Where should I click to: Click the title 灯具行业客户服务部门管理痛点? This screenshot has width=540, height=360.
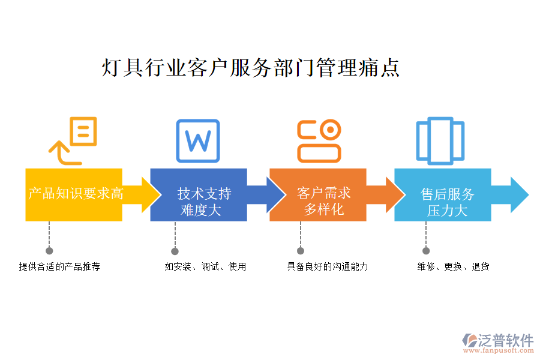coord(251,68)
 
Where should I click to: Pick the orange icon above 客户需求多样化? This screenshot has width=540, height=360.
coord(319,140)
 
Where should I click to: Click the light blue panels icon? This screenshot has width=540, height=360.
coord(440,141)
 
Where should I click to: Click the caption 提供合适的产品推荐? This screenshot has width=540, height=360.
coord(59,266)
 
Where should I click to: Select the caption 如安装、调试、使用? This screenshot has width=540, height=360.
coord(205,266)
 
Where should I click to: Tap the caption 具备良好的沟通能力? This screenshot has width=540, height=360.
coord(328,266)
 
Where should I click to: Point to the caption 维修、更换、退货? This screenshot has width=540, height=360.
coord(453,266)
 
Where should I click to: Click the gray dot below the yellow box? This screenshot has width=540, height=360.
coord(49,251)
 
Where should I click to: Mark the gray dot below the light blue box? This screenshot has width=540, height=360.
coord(426,251)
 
